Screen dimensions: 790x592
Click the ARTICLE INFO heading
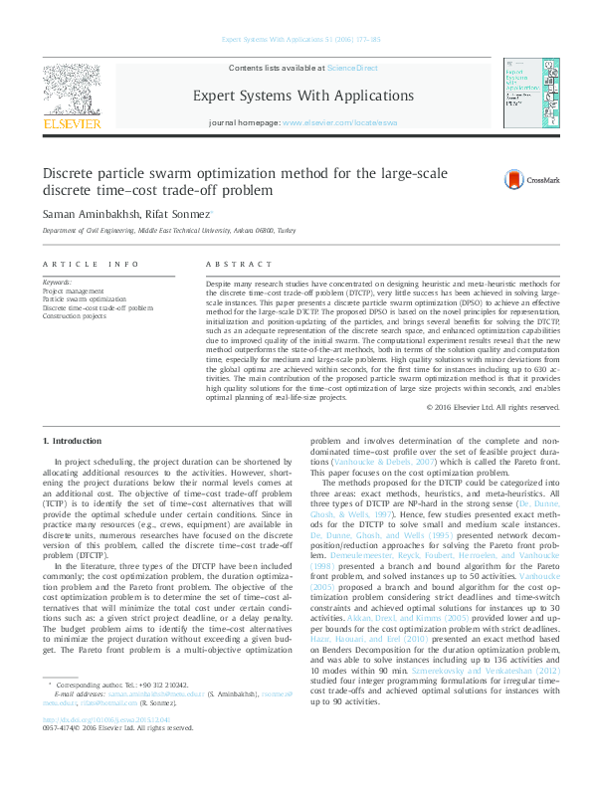click(x=91, y=265)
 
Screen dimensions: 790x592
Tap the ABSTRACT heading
click(x=238, y=265)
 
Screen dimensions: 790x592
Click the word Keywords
click(x=57, y=282)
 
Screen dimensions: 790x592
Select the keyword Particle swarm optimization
click(x=85, y=298)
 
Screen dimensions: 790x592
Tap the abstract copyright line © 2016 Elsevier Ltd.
click(x=492, y=407)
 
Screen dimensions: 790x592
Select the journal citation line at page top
click(x=296, y=41)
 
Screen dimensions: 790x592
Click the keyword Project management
click(x=73, y=290)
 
